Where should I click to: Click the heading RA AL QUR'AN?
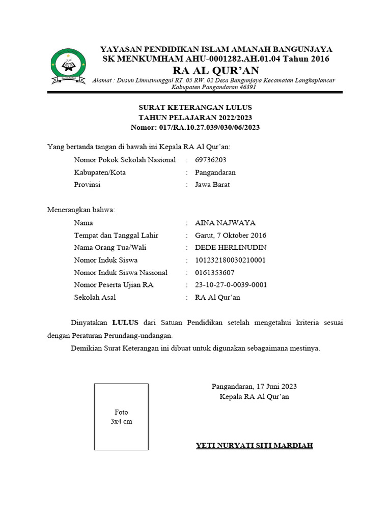click(x=216, y=70)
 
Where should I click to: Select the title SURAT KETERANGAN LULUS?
click(x=195, y=108)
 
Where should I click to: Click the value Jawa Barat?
click(x=212, y=184)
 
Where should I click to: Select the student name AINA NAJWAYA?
click(x=225, y=223)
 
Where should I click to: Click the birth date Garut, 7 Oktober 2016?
click(x=231, y=235)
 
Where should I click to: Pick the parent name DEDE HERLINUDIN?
click(x=231, y=247)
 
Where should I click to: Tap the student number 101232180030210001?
click(x=231, y=260)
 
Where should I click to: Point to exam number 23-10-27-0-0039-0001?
click(x=231, y=284)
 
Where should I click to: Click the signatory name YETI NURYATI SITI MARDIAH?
click(x=255, y=446)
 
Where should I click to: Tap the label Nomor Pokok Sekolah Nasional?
click(x=125, y=160)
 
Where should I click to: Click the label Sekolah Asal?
click(x=95, y=297)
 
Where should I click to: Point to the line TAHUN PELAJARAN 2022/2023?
click(x=195, y=118)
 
